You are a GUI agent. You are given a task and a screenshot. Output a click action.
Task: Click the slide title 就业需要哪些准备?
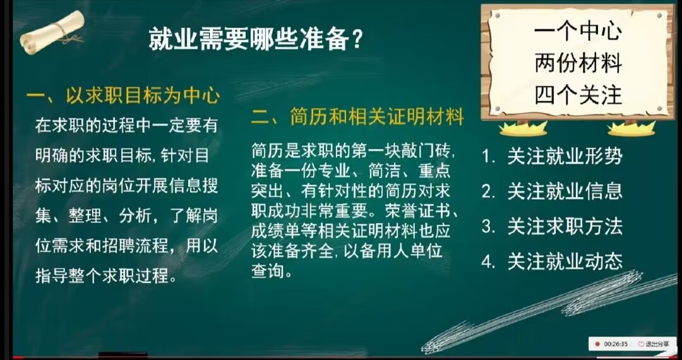256,40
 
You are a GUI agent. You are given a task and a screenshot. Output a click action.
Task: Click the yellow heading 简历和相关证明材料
376,118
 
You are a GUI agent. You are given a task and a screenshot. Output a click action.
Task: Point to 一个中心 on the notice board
578,32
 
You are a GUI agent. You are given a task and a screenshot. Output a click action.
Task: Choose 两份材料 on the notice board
578,64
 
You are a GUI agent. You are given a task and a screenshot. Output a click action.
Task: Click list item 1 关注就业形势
552,157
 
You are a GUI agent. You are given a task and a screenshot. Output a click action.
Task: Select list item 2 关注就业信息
552,192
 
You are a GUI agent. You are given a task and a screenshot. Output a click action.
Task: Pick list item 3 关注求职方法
552,227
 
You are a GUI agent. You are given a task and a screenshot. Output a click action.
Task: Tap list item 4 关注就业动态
552,261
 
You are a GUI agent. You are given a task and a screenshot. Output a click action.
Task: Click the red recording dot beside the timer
597,344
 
